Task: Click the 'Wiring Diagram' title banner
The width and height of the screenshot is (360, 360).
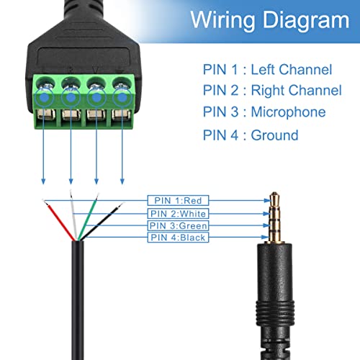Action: point(269,21)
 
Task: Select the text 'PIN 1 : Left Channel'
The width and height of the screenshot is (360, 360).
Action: point(266,69)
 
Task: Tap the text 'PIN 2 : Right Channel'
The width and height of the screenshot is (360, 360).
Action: point(271,91)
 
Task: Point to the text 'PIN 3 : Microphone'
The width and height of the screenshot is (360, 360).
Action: point(264,112)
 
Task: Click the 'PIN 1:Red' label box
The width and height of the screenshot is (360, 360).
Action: point(179,201)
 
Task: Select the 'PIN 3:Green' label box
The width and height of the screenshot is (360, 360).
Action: point(183,225)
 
